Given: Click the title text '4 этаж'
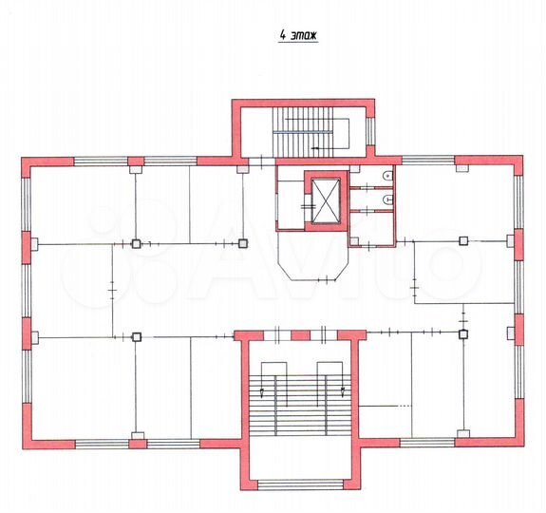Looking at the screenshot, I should coord(296,37).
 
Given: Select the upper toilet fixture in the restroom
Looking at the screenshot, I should coord(388,177).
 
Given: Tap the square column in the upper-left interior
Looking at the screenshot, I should coord(137,244).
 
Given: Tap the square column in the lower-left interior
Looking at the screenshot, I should coord(137,335).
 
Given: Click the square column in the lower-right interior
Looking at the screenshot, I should coord(462,334).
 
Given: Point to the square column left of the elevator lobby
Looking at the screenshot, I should coord(243,244).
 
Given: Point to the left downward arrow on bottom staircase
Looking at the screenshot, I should coord(275,389).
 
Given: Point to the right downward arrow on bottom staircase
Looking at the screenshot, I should coord(341,389).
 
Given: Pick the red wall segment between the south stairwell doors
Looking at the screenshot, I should coord(300,335).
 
